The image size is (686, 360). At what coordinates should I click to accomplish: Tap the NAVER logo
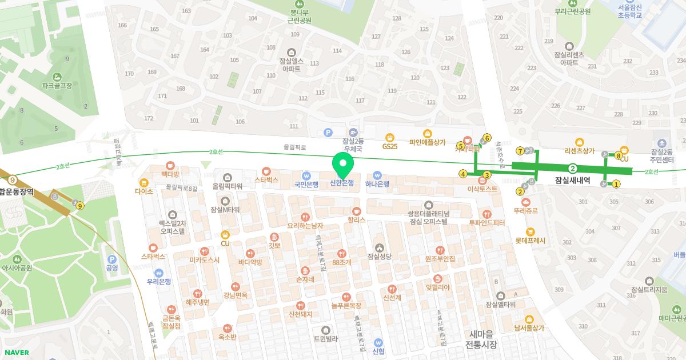15,353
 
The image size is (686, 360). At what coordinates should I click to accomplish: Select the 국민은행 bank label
306,184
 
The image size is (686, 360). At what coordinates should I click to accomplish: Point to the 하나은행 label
377,184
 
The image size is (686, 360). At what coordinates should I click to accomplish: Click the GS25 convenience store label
390,146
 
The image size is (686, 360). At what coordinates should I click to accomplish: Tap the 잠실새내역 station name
572,179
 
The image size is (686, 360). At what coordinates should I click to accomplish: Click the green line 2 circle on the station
572,168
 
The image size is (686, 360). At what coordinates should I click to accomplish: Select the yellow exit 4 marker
463,174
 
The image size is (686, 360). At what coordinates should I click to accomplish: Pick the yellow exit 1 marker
616,184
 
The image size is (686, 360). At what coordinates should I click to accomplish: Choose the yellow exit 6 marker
487,138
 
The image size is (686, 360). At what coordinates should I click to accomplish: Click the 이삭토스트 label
482,188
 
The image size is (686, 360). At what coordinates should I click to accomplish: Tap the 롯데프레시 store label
530,241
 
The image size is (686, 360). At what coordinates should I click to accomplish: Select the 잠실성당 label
379,257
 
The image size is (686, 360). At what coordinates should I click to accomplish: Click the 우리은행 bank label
159,282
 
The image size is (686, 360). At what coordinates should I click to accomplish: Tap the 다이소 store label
144,191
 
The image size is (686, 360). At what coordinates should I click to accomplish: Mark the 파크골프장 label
57,85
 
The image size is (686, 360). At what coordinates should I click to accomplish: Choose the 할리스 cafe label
356,219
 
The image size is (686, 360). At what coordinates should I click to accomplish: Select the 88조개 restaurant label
341,262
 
